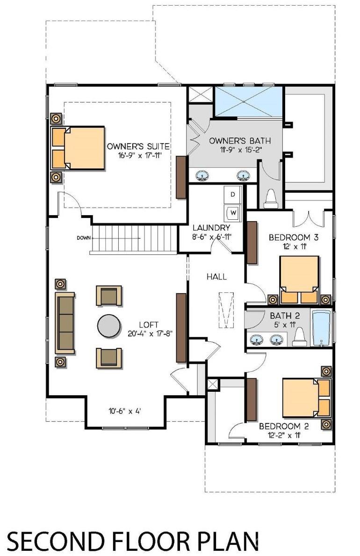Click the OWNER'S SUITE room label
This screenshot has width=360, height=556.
pyautogui.click(x=138, y=146)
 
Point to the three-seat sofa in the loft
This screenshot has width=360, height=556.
pyautogui.click(x=65, y=323)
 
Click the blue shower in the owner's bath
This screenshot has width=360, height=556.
pyautogui.click(x=248, y=101)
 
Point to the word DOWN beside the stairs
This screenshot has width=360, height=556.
pyautogui.click(x=84, y=238)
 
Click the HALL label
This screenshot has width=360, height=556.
pyautogui.click(x=216, y=277)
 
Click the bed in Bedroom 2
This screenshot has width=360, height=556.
pyautogui.click(x=305, y=397)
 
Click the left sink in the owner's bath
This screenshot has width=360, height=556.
pyautogui.click(x=202, y=175)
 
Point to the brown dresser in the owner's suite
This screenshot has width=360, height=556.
pyautogui.click(x=181, y=177)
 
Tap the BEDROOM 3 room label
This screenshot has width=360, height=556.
pyautogui.click(x=289, y=238)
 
